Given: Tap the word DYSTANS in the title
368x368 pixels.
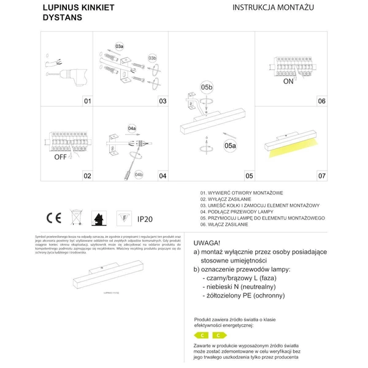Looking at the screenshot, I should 61,18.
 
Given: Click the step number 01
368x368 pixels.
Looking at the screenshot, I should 87,101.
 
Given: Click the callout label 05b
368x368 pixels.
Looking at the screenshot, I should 205,86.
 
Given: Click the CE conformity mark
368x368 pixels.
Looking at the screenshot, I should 53,218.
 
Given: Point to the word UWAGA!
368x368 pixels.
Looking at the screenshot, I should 207,242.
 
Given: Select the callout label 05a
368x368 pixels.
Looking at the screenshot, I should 229,145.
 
